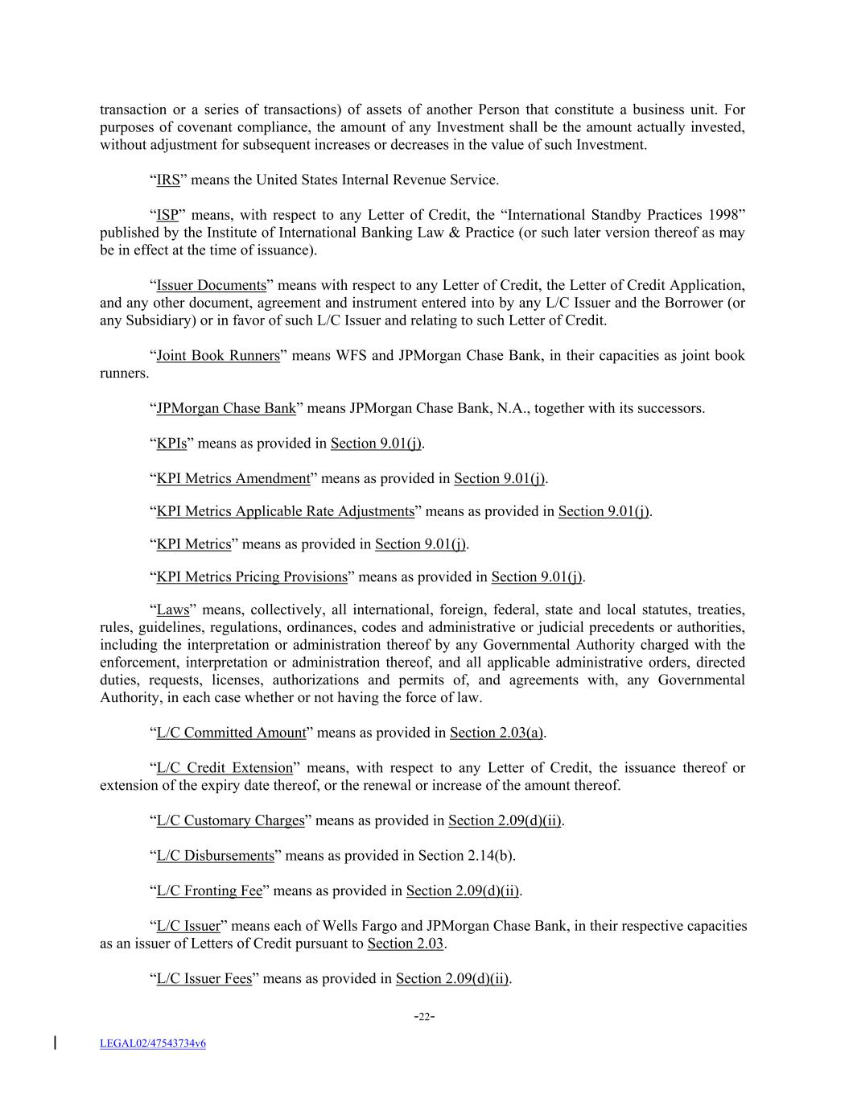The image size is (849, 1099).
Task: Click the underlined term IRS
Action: [167, 180]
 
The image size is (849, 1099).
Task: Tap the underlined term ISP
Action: [167, 215]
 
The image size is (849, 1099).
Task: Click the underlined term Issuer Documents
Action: [211, 286]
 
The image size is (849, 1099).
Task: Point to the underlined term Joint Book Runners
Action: [217, 356]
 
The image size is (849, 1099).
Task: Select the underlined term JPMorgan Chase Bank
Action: [225, 408]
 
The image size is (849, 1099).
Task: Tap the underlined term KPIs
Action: [171, 444]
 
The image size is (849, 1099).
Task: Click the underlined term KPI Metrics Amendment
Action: [233, 479]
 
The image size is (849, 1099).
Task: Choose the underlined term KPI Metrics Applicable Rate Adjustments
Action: [285, 512]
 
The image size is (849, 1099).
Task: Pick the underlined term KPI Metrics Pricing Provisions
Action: [251, 577]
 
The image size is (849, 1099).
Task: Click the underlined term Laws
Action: [172, 610]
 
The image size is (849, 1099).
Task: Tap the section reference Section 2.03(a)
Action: [497, 733]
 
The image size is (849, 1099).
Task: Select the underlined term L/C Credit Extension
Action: [225, 768]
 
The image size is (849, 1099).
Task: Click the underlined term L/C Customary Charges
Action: [230, 820]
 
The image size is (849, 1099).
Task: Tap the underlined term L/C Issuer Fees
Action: [204, 979]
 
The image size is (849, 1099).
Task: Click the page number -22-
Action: [424, 1017]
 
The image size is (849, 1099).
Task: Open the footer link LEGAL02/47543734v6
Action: [152, 1043]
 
